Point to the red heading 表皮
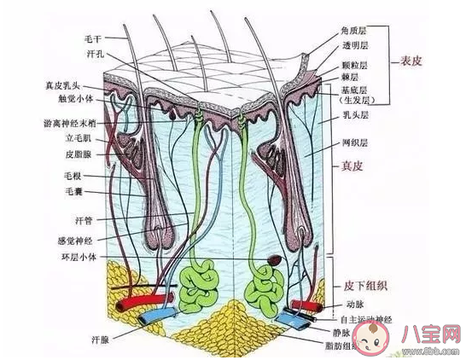tap(413, 61)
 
